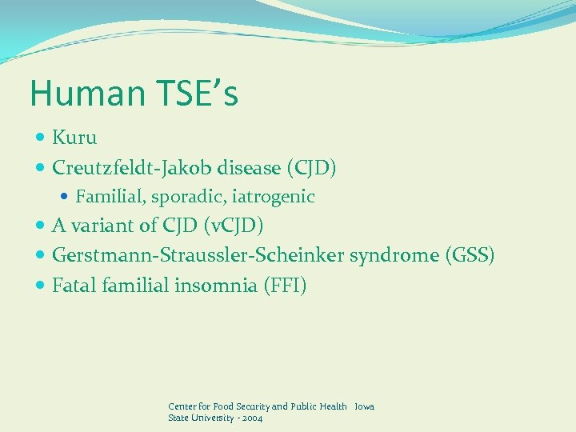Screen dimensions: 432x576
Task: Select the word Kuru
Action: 74,138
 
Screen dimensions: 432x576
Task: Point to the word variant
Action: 99,226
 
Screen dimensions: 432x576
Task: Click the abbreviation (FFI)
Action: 285,286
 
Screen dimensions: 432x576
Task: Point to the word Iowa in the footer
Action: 364,406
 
